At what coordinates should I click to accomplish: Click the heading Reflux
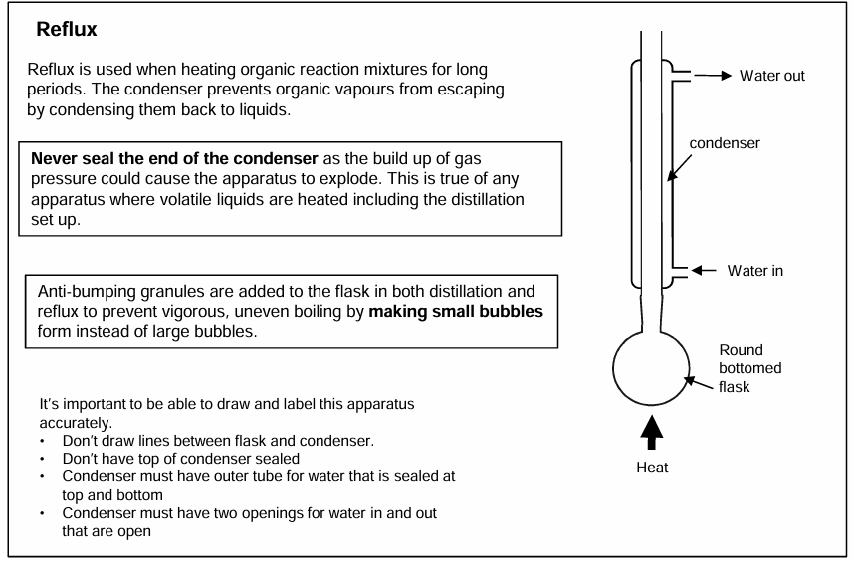[67, 29]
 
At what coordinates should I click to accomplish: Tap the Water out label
[771, 76]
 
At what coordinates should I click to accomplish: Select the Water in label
[754, 271]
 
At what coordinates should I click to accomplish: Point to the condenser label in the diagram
[725, 143]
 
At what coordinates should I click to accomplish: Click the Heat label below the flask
[652, 467]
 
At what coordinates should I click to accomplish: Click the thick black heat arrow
[651, 433]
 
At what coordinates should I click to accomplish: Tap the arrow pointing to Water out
[713, 75]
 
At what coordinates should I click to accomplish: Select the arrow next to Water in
[704, 270]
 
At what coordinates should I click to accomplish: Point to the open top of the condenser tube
[651, 33]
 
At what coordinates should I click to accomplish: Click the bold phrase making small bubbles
[456, 311]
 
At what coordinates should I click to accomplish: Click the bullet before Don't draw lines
[43, 441]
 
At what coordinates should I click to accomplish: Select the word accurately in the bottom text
[76, 424]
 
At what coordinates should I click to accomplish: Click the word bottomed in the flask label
[749, 368]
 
